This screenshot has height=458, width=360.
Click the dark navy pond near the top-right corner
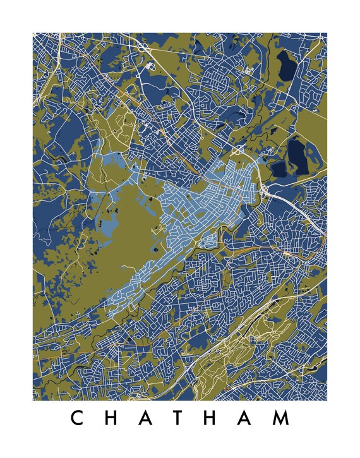(x=286, y=63)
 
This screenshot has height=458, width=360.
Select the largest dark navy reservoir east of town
(x=296, y=152)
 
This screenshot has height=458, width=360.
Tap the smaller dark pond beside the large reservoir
(x=278, y=169)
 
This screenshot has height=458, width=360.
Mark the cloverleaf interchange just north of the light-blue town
(x=239, y=150)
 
